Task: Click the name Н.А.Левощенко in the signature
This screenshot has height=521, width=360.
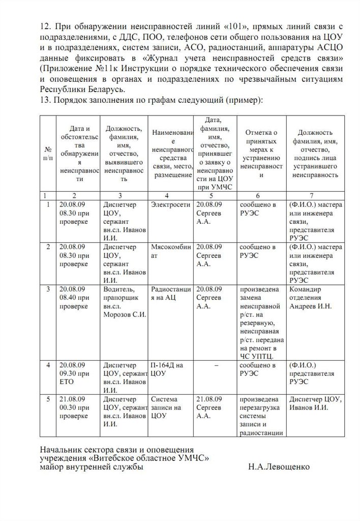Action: pos(279,467)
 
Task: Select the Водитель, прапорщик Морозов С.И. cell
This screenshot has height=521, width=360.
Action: pos(124,302)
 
